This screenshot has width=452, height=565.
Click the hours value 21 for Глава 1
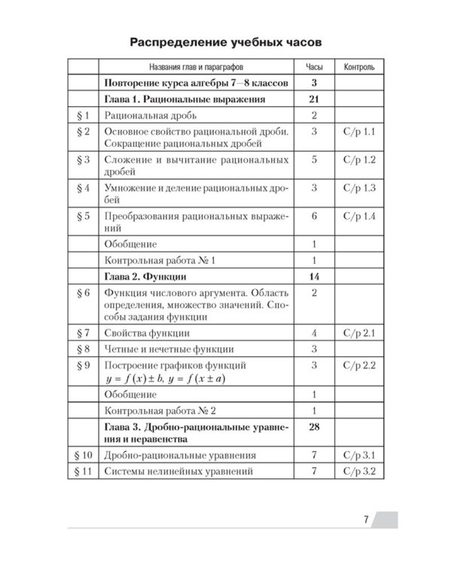[x=313, y=99]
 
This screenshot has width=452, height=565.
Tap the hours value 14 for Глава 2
[x=313, y=276]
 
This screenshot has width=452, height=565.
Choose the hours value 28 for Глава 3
[x=313, y=427]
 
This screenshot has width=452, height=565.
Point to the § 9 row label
[x=84, y=365]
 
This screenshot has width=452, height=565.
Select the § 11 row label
[x=84, y=472]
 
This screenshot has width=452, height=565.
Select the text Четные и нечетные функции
[x=169, y=349]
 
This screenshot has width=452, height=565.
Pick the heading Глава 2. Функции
[x=143, y=276]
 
